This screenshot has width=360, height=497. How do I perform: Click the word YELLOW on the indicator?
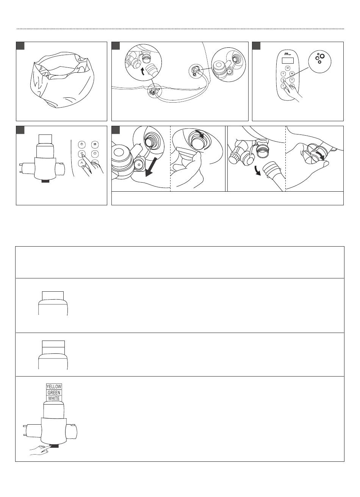[x=54, y=387]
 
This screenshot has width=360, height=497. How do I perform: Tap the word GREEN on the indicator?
[x=54, y=392]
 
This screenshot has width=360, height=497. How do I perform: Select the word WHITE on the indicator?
[x=54, y=398]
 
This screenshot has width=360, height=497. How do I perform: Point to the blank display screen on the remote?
[x=288, y=60]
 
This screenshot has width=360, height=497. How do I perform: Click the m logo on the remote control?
[x=287, y=53]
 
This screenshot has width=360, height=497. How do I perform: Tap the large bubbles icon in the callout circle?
[x=320, y=58]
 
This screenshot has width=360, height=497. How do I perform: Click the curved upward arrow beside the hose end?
[x=143, y=72]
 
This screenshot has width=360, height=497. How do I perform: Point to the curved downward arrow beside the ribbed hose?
[x=257, y=170]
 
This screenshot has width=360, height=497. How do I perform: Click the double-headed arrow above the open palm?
[x=319, y=155]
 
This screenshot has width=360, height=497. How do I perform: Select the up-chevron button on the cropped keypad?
[x=82, y=163]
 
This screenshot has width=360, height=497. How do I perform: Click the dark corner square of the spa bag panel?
[x=20, y=45]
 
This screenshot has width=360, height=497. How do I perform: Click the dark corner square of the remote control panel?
[x=256, y=45]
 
